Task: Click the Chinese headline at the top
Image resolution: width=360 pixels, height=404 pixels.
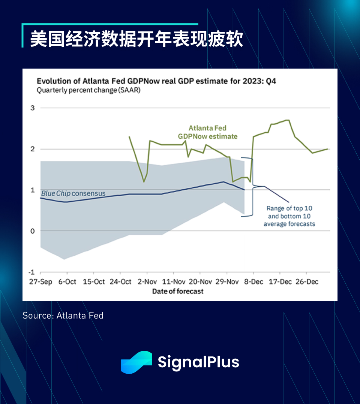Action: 136,39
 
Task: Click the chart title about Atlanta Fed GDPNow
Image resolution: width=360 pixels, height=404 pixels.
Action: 156,81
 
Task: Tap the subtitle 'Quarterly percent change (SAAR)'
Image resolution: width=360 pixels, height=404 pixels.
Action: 88,90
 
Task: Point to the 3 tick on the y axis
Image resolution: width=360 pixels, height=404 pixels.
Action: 33,108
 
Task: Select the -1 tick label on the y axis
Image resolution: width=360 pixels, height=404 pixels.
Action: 31,272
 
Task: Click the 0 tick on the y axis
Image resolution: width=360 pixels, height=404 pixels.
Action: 33,231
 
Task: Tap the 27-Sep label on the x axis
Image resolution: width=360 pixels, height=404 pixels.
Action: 40,281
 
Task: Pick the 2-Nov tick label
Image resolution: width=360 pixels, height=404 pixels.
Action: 147,281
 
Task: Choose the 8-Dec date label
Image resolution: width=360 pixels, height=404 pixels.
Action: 253,281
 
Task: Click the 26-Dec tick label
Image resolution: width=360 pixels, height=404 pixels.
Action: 307,281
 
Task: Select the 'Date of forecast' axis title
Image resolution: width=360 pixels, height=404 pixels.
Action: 178,292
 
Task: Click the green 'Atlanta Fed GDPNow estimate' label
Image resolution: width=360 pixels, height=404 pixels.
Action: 208,132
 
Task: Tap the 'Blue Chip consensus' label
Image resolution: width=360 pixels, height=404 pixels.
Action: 73,193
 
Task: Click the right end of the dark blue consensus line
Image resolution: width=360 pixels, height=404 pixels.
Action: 244,190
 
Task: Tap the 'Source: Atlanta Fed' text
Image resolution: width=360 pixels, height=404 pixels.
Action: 63,316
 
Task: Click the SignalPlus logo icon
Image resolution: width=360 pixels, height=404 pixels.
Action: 136,362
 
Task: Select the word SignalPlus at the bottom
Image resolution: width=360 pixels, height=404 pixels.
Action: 198,362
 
